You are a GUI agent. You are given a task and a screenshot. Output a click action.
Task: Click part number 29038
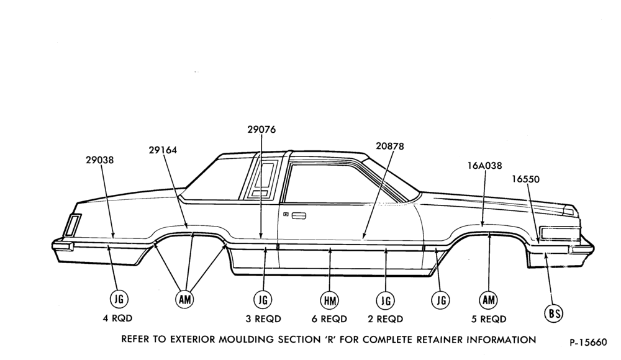99,160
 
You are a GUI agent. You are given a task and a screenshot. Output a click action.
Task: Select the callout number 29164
163,150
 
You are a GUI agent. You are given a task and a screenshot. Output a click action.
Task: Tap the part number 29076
261,130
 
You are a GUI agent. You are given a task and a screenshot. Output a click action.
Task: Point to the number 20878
390,146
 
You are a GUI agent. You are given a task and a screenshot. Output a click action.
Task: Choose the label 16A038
485,166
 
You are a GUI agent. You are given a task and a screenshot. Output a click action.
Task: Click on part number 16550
525,179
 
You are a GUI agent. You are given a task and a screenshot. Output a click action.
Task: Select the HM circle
330,301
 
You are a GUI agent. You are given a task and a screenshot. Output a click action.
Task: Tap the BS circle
554,314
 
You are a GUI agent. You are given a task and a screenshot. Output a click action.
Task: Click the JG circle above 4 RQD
119,299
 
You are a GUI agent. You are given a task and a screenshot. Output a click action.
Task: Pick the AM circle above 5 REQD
488,300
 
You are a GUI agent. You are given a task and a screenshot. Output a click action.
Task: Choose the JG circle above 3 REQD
263,300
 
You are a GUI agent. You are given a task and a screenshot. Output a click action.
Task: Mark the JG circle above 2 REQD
386,301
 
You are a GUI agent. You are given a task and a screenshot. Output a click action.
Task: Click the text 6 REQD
329,319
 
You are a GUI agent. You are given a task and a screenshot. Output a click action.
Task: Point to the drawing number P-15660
588,342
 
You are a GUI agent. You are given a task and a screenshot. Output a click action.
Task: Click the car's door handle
299,216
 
